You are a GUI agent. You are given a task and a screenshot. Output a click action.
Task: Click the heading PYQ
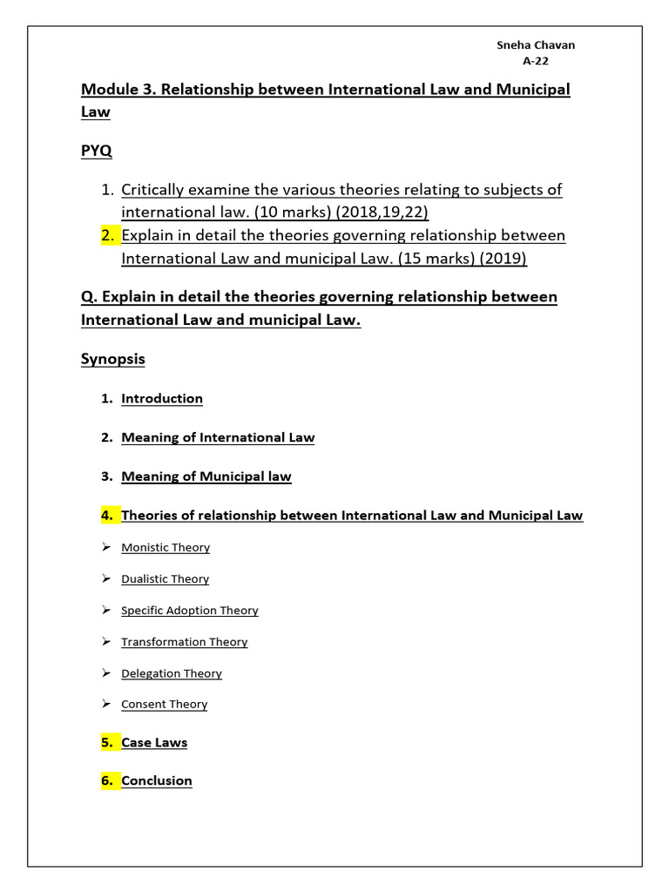[96, 151]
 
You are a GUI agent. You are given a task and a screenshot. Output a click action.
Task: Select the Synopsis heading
[113, 359]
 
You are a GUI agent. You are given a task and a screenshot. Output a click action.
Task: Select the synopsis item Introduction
[162, 398]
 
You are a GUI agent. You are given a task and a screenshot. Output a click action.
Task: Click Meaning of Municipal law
[206, 476]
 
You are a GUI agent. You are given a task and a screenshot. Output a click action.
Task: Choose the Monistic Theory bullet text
[166, 547]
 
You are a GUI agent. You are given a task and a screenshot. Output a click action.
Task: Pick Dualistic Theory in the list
[166, 578]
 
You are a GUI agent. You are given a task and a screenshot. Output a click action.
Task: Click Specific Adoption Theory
[190, 610]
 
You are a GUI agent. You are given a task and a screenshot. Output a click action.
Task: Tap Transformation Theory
[185, 641]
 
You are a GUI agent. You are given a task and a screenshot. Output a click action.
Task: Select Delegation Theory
[172, 672]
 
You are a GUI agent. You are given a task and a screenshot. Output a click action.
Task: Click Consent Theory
[165, 704]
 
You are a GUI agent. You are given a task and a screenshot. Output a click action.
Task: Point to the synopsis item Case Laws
[154, 742]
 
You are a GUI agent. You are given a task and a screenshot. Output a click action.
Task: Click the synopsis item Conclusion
[157, 780]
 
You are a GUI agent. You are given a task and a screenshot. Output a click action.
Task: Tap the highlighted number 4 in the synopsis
[106, 515]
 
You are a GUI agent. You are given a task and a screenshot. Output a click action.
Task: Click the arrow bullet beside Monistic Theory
[105, 547]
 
